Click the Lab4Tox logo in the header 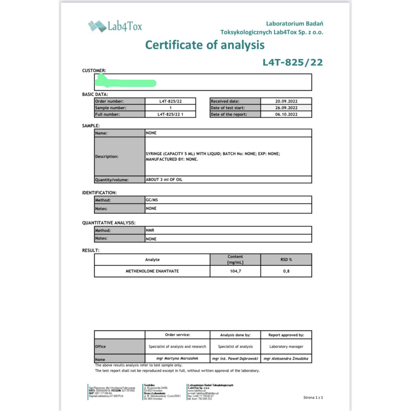point(115,26)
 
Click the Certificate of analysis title point(205,45)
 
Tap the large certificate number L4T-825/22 point(293,62)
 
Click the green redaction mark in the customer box point(125,82)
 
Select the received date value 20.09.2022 point(286,101)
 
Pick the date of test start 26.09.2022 point(286,108)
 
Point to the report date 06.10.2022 point(286,114)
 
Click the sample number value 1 point(170,108)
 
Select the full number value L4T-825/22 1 point(170,114)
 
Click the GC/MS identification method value point(152,200)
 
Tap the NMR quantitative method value point(150,230)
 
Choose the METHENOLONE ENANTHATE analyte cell point(152,271)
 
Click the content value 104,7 point(235,271)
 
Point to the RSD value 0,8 point(286,271)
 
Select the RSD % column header point(286,259)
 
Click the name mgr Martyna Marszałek point(177,358)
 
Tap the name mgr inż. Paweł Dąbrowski point(235,358)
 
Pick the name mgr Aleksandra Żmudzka point(286,358)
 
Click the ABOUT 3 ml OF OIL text point(164,180)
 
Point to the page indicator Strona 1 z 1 point(313,397)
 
